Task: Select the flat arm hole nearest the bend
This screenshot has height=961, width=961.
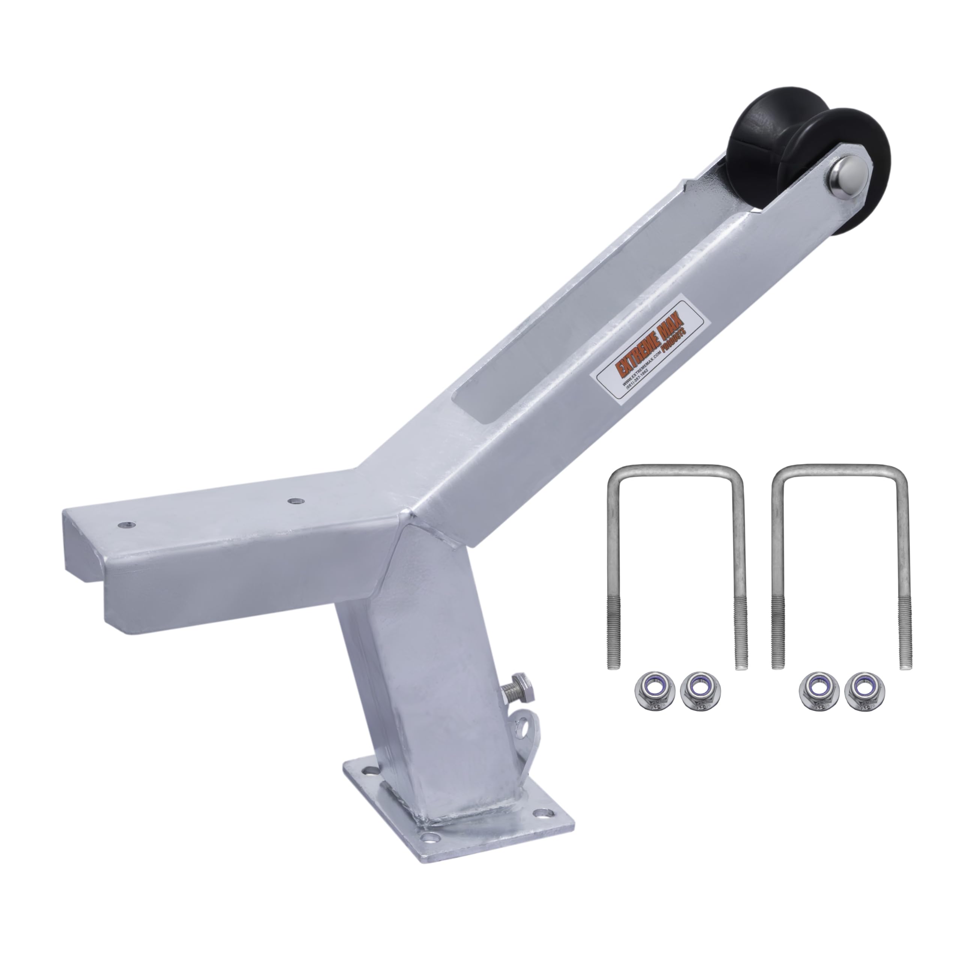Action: pos(297,501)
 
